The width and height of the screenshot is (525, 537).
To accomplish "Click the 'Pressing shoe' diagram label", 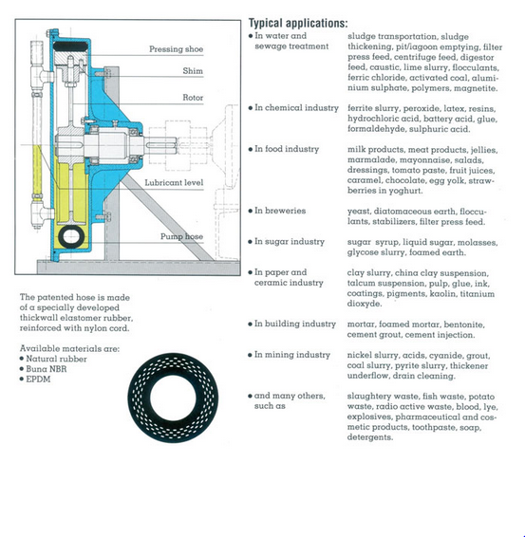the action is (177, 49).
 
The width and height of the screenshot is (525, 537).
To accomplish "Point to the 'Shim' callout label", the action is (193, 71).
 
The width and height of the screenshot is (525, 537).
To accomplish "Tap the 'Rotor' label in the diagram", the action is (193, 98).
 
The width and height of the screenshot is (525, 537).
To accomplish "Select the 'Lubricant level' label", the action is (174, 182).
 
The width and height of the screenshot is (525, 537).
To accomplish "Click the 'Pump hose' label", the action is (181, 236).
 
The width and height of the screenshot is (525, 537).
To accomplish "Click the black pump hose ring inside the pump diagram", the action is (62, 237).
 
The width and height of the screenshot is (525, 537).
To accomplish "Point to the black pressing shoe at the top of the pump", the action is (70, 46).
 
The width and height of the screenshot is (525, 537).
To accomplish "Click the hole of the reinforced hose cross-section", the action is (173, 398).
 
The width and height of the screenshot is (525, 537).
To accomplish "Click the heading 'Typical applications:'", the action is (298, 23).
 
